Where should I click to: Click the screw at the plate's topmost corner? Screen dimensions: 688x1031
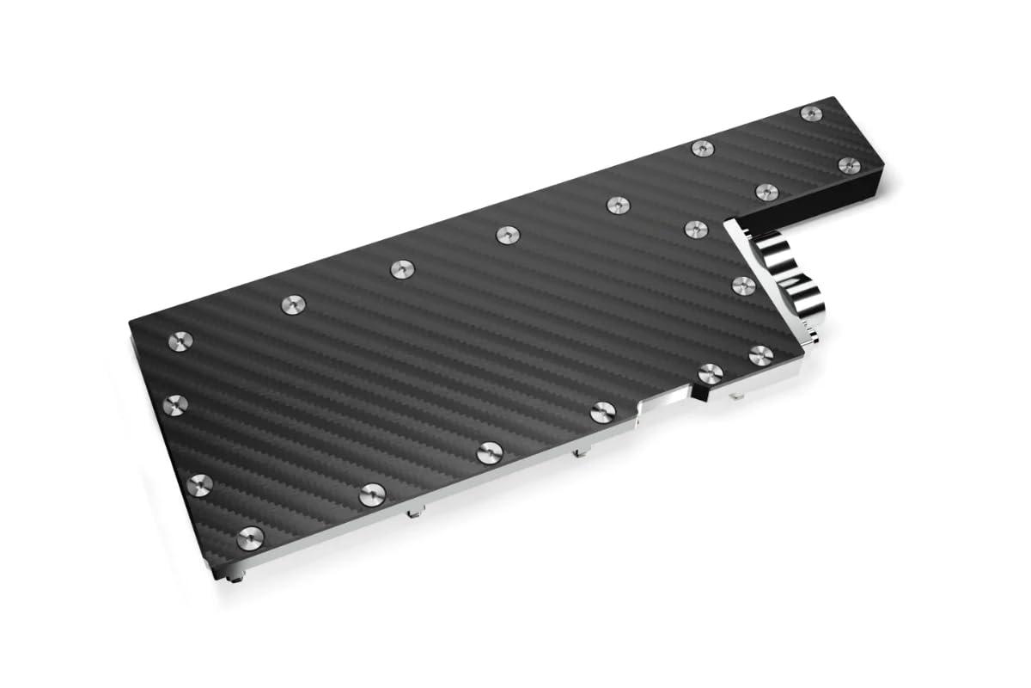(810, 114)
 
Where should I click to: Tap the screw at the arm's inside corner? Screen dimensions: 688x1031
(695, 229)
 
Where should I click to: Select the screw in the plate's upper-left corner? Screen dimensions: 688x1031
(181, 339)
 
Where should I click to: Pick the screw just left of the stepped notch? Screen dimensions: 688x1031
(600, 413)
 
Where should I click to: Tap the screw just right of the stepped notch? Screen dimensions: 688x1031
(710, 372)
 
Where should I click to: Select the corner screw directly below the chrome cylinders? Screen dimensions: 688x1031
(760, 353)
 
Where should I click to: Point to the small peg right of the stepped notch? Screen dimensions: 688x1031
(737, 398)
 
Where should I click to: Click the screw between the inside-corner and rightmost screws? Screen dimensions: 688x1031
(766, 191)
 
